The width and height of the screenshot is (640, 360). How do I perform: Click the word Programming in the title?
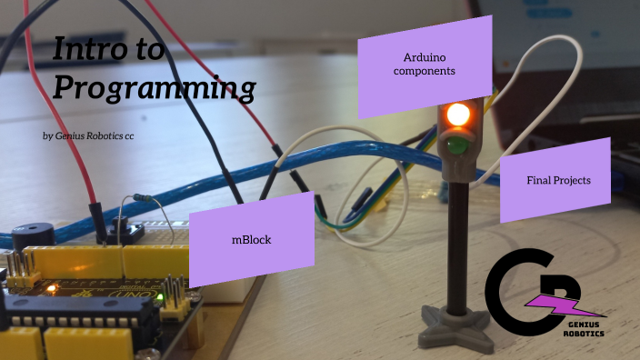coord(154,88)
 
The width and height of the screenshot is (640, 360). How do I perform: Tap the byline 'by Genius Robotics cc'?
coord(95,135)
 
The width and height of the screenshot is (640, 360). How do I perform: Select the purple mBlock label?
coord(252,240)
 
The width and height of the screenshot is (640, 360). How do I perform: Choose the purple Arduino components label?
coord(417,64)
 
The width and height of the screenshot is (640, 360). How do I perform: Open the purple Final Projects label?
coord(557,180)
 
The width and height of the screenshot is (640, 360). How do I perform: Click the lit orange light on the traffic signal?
coord(456,115)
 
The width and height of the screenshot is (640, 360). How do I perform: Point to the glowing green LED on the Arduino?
coord(161,296)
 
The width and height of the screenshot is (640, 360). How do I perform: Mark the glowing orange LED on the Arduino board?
coord(53,289)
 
